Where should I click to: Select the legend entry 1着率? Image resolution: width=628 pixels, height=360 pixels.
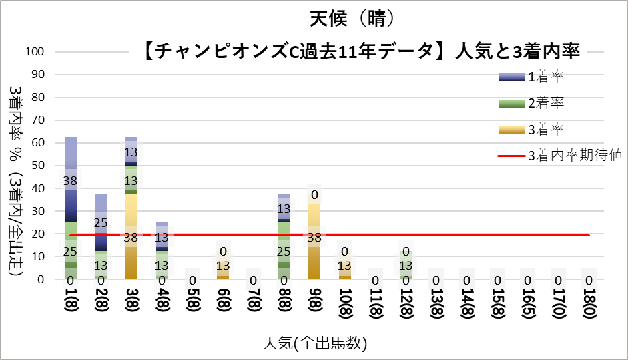pos(547,77)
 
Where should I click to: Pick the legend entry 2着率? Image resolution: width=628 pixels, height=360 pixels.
pos(547,103)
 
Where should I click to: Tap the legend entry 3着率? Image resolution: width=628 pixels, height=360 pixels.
pos(547,129)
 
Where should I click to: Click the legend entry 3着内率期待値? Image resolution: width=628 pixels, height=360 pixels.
pos(575,156)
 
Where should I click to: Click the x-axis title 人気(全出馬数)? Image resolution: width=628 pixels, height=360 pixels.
pos(314,343)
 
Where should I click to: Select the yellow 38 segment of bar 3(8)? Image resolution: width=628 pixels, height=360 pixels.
pos(131,227)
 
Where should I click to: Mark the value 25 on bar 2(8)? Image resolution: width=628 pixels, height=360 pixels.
pos(101,222)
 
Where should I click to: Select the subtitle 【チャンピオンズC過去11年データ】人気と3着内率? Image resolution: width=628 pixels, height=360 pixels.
pos(361,51)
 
